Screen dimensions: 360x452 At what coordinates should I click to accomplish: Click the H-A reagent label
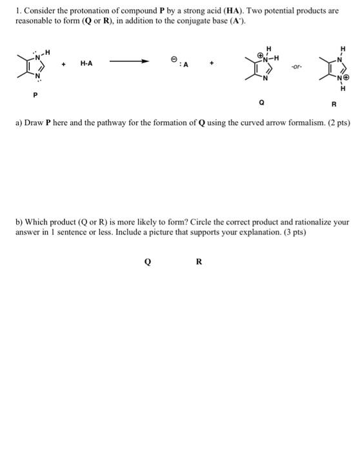point(86,63)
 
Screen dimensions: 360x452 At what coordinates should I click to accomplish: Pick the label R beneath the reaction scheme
point(334,104)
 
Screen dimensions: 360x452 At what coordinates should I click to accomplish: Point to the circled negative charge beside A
point(174,59)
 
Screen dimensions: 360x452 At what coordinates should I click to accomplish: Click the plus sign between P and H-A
point(63,63)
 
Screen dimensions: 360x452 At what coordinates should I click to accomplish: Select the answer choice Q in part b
point(148,262)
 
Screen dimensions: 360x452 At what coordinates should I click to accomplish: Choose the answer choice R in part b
point(199,262)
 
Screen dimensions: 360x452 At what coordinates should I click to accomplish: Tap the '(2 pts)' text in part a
point(337,122)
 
